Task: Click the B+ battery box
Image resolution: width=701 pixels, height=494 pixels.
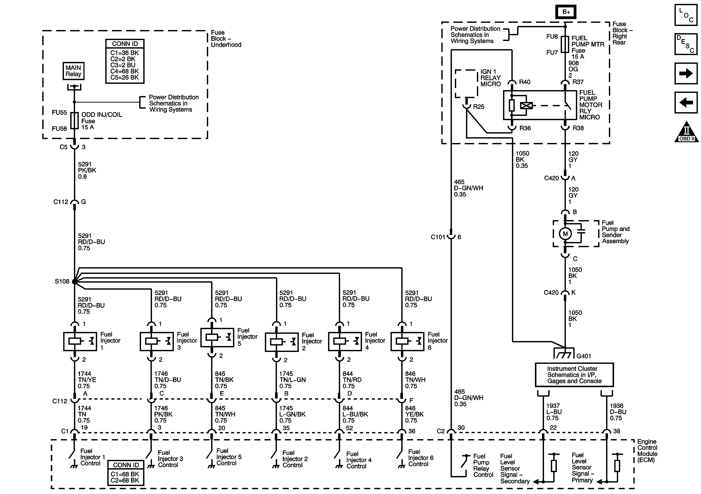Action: pyautogui.click(x=566, y=12)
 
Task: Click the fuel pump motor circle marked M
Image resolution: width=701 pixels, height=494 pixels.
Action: pyautogui.click(x=565, y=234)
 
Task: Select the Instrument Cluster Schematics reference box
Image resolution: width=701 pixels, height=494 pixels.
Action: pyautogui.click(x=574, y=375)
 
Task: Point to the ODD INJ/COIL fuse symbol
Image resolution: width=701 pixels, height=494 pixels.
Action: pyautogui.click(x=75, y=121)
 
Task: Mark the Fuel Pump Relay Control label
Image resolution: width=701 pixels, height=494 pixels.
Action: pyautogui.click(x=483, y=465)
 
